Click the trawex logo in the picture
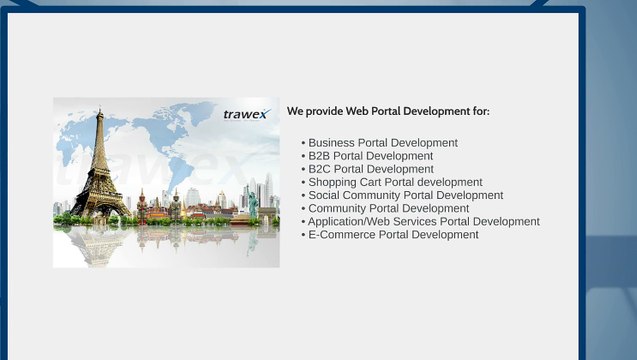pos(246,114)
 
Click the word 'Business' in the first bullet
pos(332,143)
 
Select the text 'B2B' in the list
pos(320,156)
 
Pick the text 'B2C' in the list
pos(320,169)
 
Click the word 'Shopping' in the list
pos(333,183)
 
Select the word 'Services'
pos(419,221)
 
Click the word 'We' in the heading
pos(295,111)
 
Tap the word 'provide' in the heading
pos(325,111)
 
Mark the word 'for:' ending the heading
pos(480,111)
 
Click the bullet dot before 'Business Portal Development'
pos(303,144)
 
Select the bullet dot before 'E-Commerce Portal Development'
pos(303,235)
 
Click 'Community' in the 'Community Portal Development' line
pos(338,208)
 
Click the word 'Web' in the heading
pos(359,111)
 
